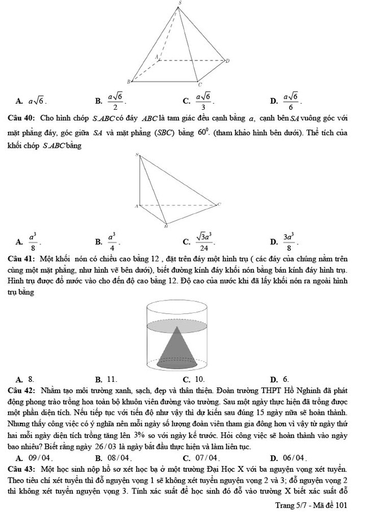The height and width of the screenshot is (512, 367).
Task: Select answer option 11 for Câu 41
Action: tap(111, 378)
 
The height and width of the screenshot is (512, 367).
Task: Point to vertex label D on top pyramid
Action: tap(227, 61)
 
